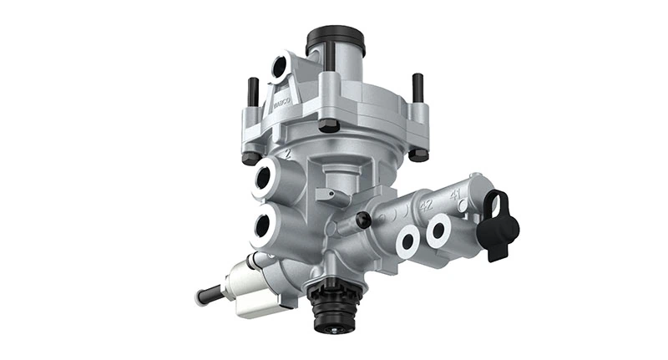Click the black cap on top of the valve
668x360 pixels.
coord(336,40)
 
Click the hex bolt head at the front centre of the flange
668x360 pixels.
coord(328,126)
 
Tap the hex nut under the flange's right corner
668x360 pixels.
coord(417,154)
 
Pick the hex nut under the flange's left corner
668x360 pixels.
coord(249,157)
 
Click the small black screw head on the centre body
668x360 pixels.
coord(362,219)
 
